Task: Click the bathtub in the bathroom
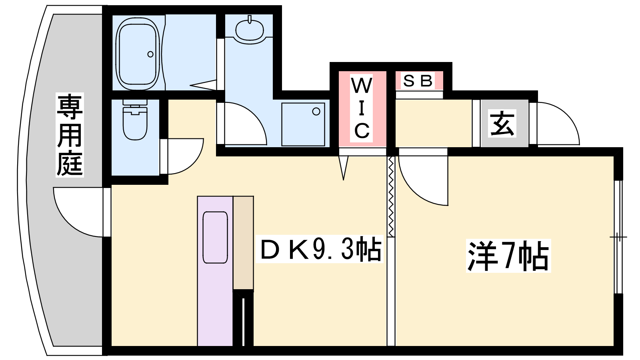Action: click(138, 54)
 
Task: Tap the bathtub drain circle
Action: click(150, 54)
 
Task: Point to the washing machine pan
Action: click(303, 124)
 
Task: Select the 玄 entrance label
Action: click(502, 123)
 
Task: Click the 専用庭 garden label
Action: click(70, 134)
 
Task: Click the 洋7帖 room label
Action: click(508, 256)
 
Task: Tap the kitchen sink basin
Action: click(215, 237)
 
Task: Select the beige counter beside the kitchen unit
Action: click(243, 243)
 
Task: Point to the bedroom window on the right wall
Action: click(618, 237)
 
